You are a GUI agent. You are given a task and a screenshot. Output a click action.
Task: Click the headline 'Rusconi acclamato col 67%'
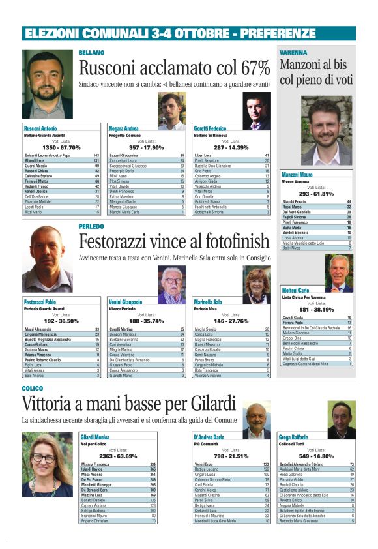click(x=174, y=68)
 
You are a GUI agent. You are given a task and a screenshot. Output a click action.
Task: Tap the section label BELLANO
click(x=91, y=52)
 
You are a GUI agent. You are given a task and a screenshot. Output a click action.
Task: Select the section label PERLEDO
click(x=91, y=226)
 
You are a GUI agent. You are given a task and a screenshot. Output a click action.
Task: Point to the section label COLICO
click(x=33, y=388)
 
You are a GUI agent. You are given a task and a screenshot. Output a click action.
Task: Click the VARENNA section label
click(x=294, y=52)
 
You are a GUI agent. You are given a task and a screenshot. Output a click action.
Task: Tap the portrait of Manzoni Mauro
click(x=327, y=131)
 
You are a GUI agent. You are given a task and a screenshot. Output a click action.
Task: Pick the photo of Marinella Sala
click(x=257, y=284)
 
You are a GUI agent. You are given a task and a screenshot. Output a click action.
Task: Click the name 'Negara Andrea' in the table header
click(x=123, y=128)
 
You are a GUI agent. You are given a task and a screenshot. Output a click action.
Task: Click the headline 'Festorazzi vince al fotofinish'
click(x=174, y=242)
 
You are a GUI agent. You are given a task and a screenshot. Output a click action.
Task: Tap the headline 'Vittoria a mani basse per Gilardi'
click(x=128, y=402)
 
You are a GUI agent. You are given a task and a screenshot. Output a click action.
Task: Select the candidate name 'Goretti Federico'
click(x=210, y=128)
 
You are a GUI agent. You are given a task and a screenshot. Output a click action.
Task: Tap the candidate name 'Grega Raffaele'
click(x=293, y=436)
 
